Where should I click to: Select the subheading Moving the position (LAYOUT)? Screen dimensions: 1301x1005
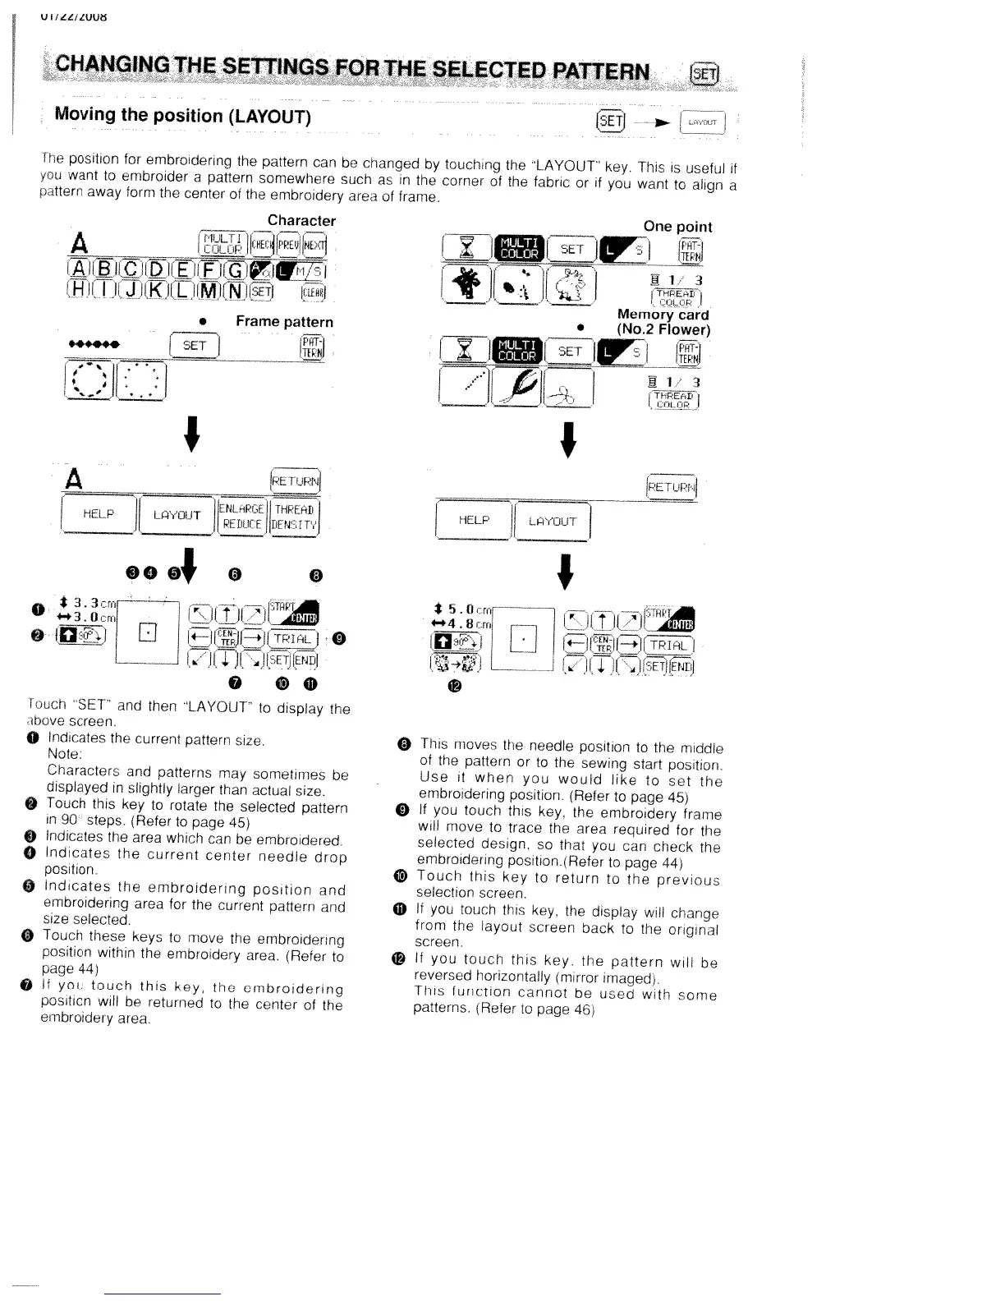coord(182,115)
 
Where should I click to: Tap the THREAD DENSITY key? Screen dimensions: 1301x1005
coord(295,516)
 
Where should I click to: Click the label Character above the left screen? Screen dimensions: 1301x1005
coord(301,220)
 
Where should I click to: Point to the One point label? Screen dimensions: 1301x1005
coord(677,226)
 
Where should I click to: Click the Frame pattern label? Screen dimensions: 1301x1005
coord(284,321)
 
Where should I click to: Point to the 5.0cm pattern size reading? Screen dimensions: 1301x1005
coord(461,611)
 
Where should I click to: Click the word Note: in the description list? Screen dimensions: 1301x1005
coord(62,756)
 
